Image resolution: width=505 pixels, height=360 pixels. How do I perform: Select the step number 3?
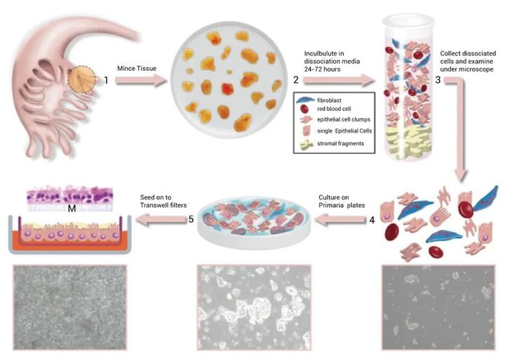click(x=438, y=80)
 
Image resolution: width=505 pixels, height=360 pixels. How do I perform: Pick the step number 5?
click(x=190, y=219)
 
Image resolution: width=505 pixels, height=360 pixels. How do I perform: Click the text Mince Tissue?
click(x=137, y=68)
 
